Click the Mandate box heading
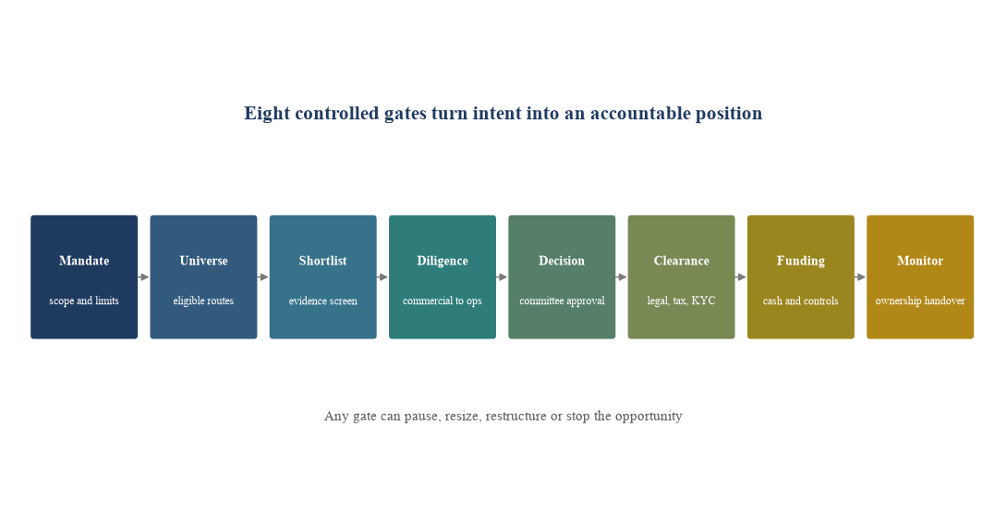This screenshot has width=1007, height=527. click(x=84, y=261)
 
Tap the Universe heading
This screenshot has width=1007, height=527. click(x=203, y=261)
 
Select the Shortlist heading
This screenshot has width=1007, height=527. click(x=323, y=261)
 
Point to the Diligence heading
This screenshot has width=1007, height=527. click(x=443, y=261)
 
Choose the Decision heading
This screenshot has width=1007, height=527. click(x=562, y=261)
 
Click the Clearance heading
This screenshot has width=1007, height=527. click(x=682, y=261)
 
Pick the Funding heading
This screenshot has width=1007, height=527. click(x=801, y=261)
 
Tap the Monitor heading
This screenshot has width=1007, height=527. click(x=920, y=261)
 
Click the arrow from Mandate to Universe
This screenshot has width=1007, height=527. click(x=144, y=277)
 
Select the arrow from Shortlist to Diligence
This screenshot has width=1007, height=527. click(x=382, y=277)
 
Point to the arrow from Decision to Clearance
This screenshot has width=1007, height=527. click(x=622, y=277)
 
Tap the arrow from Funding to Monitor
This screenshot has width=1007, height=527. click(x=861, y=277)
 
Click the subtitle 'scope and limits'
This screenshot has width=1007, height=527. click(x=84, y=300)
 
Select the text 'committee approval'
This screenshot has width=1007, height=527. click(x=562, y=300)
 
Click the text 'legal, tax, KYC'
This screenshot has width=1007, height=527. click(x=682, y=300)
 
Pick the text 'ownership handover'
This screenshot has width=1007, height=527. click(x=920, y=300)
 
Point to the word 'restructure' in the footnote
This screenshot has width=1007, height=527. click(x=516, y=416)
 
